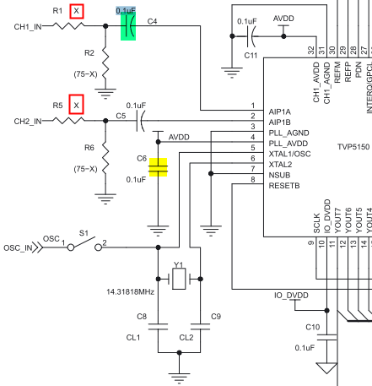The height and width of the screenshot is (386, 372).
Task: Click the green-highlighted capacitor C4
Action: (x=128, y=26)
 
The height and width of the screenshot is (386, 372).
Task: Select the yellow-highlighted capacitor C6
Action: (x=158, y=167)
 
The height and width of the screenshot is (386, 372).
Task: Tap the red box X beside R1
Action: (x=77, y=11)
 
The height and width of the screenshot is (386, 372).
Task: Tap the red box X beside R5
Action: (x=77, y=105)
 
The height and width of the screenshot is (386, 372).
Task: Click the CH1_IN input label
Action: (x=28, y=27)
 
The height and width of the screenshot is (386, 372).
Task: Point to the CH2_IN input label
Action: (x=28, y=122)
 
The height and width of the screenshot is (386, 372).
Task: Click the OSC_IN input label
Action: (x=18, y=248)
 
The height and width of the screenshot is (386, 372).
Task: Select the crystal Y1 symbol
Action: (x=179, y=279)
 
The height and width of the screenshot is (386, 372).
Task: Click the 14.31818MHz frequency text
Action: (x=130, y=292)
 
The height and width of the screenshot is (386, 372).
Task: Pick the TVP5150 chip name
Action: (x=353, y=147)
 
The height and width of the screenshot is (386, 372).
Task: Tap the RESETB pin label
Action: (x=284, y=186)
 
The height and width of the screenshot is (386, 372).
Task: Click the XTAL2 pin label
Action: (x=280, y=165)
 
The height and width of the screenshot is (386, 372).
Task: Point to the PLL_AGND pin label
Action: (x=289, y=133)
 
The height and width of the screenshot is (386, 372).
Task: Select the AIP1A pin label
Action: (x=280, y=112)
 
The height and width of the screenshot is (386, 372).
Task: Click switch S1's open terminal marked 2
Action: (x=98, y=247)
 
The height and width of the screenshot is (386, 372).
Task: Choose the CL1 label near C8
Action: (x=133, y=337)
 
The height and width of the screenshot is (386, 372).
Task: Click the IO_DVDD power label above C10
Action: (x=291, y=296)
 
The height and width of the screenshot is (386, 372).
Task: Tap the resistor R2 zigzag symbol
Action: (x=105, y=63)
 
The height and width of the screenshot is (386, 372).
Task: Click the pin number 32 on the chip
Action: (x=310, y=51)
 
